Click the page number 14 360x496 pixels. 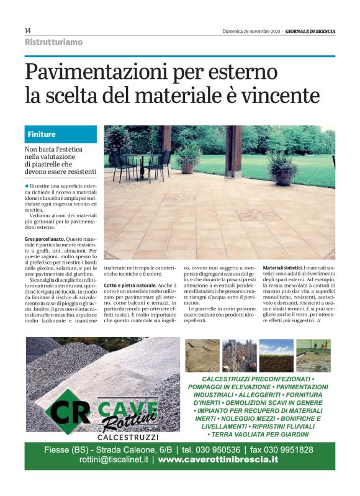pos(28,31)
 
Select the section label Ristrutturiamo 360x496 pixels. pos(53,42)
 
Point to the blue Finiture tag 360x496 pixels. pos(42,134)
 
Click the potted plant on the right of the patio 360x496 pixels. pos(282,166)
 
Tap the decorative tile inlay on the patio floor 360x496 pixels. pos(255,215)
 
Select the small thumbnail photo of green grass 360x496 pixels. pos(276,355)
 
